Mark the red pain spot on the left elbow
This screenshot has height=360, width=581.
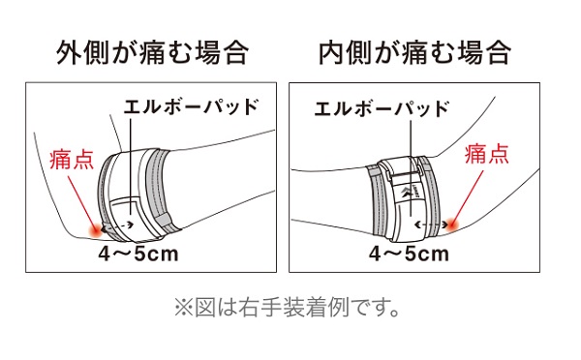(x=95, y=228)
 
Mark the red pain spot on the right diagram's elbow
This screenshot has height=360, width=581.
(x=452, y=225)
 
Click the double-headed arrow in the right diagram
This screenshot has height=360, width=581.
(x=425, y=224)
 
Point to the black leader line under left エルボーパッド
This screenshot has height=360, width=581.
(x=130, y=169)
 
